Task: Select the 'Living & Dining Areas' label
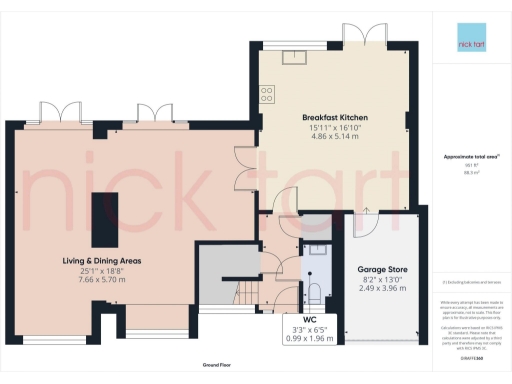click(x=96, y=260)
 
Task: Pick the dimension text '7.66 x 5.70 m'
click(x=96, y=281)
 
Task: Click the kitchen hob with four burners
click(x=267, y=94)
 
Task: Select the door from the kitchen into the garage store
click(x=366, y=213)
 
